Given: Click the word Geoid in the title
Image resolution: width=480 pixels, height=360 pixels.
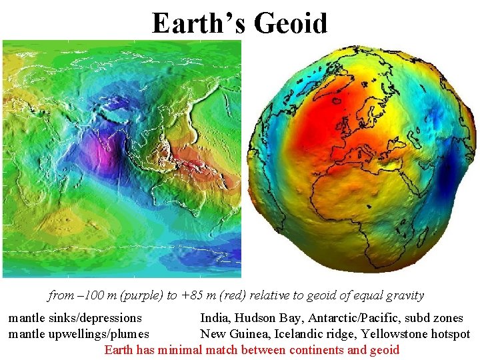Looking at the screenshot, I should click(289, 23).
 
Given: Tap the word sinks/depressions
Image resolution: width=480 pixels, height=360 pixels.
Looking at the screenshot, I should click(93, 318).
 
